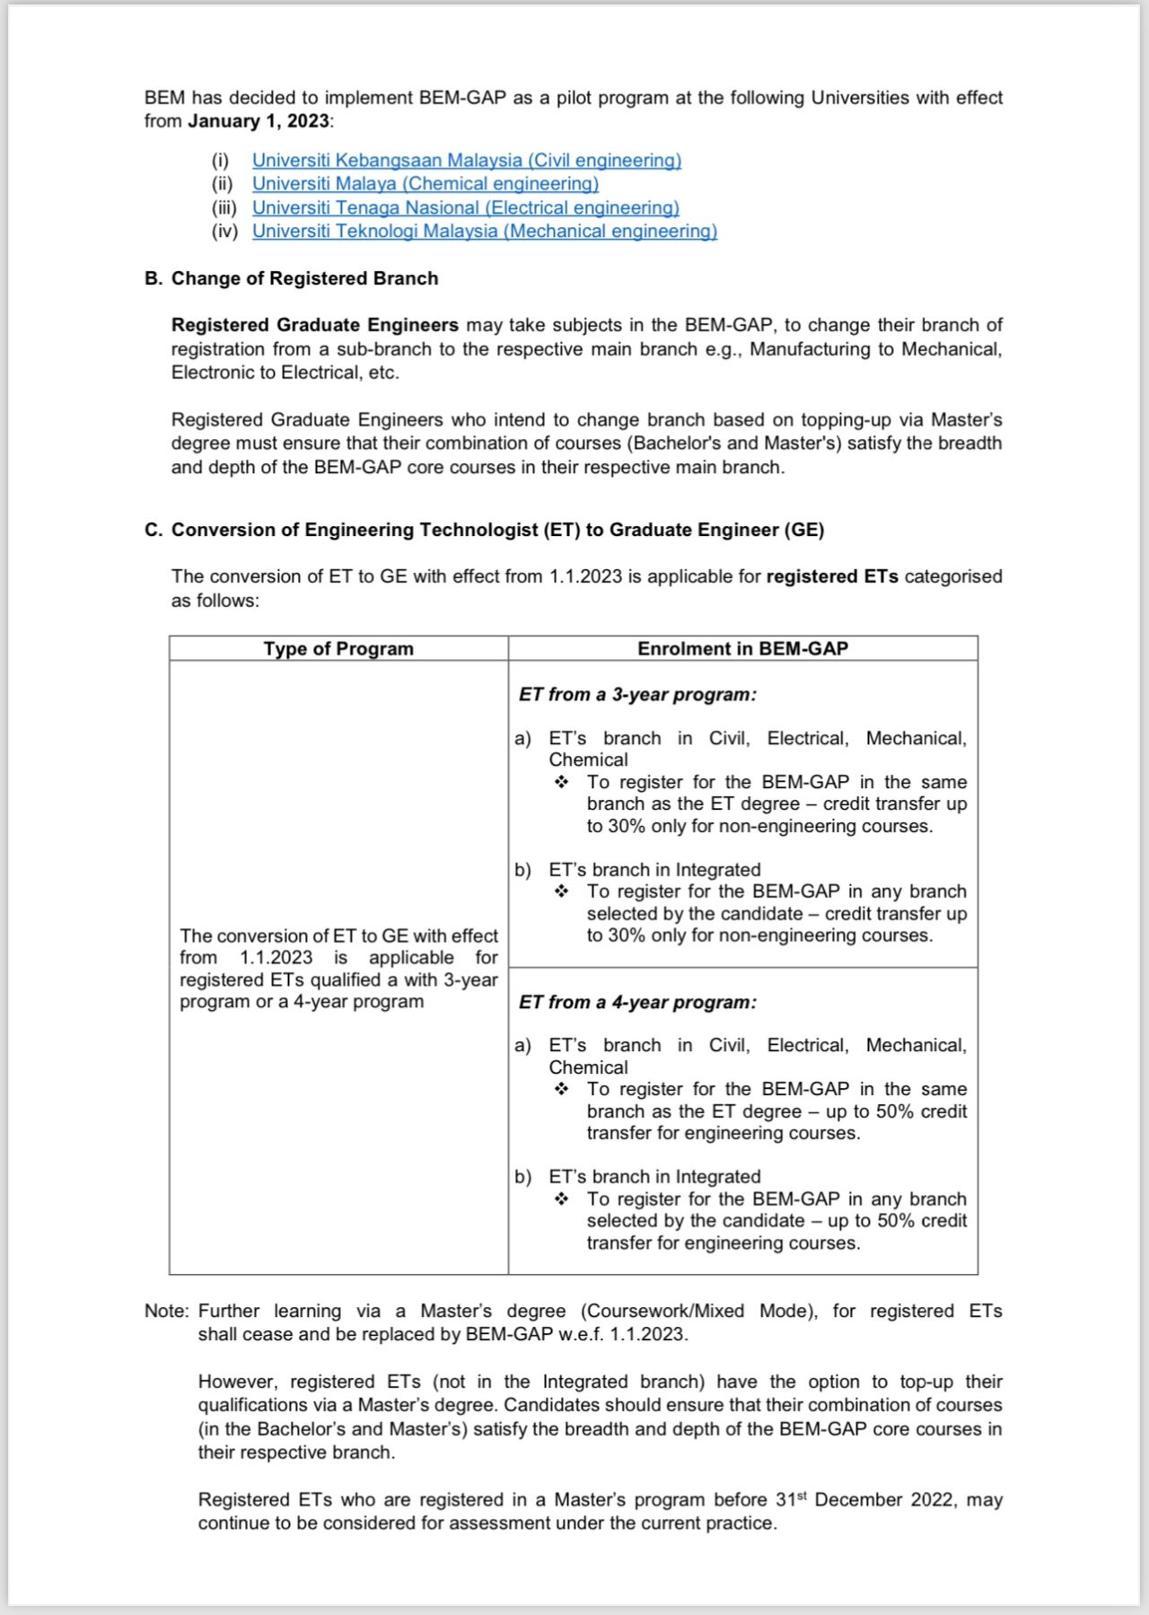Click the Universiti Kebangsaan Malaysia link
466,160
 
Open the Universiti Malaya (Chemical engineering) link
425,183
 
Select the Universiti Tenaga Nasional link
465,207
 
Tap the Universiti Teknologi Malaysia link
484,231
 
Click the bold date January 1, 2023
259,121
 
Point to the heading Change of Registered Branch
304,278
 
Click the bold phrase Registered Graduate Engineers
314,325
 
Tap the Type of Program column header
338,648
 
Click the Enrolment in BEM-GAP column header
742,648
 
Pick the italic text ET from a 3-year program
637,695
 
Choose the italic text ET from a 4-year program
637,1002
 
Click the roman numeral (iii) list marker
224,207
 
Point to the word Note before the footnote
165,1311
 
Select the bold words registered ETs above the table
831,576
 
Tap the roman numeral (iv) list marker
224,231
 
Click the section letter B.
152,278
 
